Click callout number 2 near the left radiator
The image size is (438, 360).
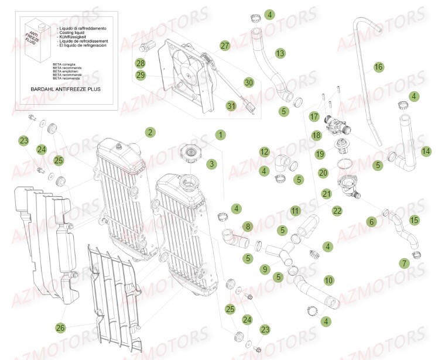[x=150, y=132]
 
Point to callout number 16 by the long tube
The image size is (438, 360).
[x=378, y=67]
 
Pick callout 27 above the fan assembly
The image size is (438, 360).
[x=225, y=46]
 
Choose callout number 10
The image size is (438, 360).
[x=328, y=280]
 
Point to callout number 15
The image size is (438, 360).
[x=414, y=220]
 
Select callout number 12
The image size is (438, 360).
[x=264, y=152]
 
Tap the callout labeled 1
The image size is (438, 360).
[x=220, y=135]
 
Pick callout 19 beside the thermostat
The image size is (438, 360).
[x=320, y=154]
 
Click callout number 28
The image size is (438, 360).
[x=140, y=63]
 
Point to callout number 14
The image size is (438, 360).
[x=425, y=150]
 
